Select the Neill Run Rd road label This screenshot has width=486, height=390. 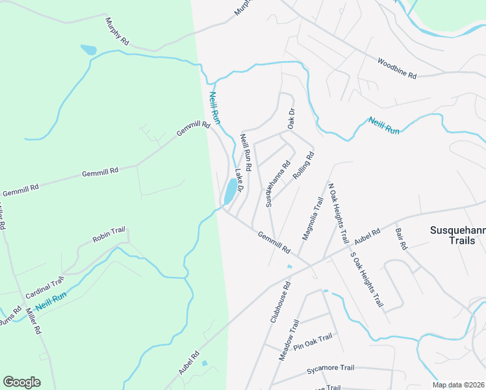pyautogui.click(x=246, y=149)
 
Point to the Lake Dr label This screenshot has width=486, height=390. pyautogui.click(x=238, y=180)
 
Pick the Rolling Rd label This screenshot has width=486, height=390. pyautogui.click(x=303, y=165)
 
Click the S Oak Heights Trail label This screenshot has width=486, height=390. pyautogui.click(x=366, y=280)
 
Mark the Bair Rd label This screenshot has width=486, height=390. pyautogui.click(x=400, y=239)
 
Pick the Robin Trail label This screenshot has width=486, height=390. pyautogui.click(x=108, y=235)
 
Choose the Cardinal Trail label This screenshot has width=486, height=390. pyautogui.click(x=45, y=287)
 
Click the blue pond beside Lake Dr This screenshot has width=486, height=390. pyautogui.click(x=231, y=190)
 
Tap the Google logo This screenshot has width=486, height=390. pyautogui.click(x=21, y=382)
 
